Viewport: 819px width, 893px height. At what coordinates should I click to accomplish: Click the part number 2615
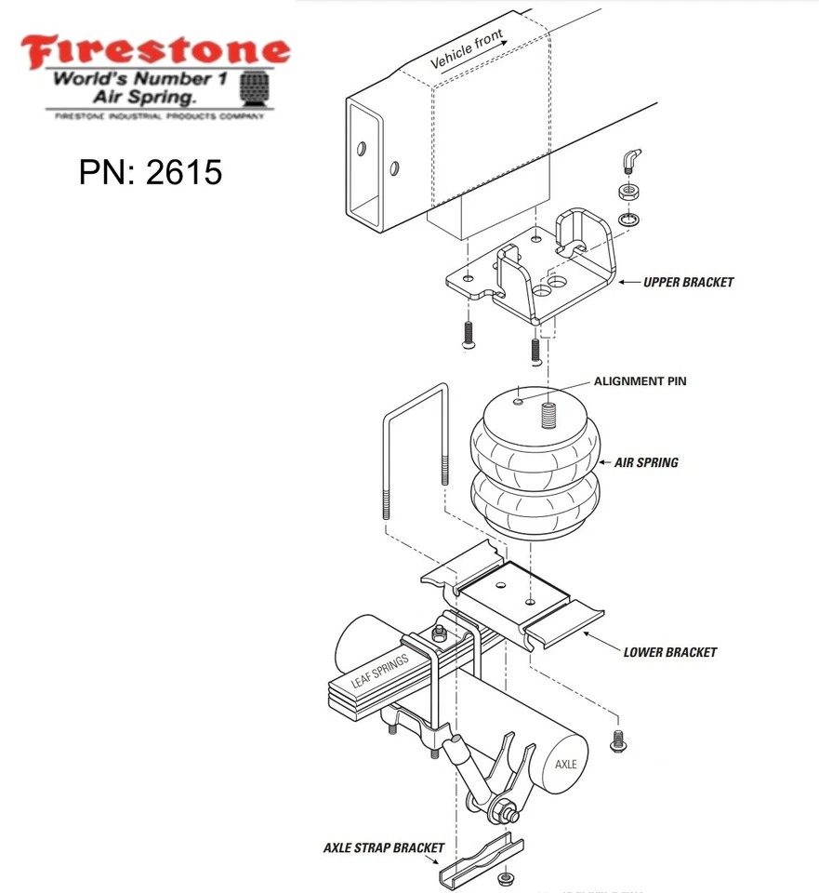coord(151,171)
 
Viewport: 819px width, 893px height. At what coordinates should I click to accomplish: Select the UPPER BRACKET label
coord(688,282)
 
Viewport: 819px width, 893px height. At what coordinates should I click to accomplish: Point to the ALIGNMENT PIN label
coord(641,381)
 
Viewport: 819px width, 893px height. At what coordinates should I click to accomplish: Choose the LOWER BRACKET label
coord(669,652)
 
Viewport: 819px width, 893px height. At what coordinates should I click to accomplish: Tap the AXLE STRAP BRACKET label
coord(384,847)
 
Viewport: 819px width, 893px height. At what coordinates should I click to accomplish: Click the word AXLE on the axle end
coord(566,764)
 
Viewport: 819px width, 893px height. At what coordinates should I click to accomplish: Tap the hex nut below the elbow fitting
coord(628,193)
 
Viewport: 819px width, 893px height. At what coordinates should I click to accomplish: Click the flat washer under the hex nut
coord(628,220)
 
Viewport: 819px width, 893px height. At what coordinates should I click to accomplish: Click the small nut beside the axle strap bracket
coord(507,877)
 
